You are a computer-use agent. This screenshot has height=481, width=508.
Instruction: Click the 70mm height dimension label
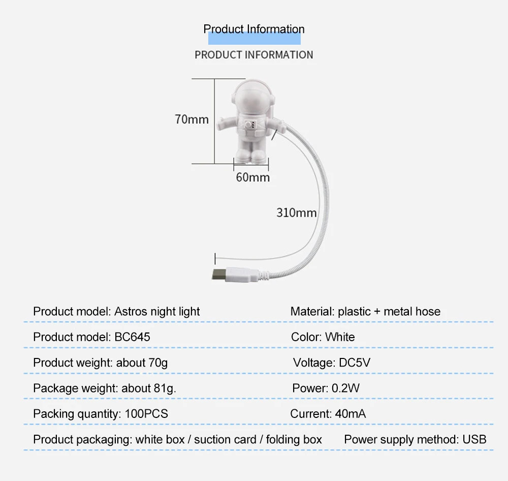(192, 119)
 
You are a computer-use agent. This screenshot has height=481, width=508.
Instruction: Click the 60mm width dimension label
(253, 177)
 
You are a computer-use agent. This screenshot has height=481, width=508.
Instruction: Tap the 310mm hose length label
(297, 213)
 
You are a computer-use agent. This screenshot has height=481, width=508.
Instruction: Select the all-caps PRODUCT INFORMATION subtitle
(254, 54)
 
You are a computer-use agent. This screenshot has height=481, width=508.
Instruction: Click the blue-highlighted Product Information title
(254, 29)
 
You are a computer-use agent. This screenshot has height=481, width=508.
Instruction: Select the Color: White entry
(323, 337)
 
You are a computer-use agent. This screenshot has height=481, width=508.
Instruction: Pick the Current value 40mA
(350, 414)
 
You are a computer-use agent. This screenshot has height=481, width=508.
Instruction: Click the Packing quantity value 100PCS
(146, 414)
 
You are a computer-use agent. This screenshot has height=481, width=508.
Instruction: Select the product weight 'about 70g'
(142, 363)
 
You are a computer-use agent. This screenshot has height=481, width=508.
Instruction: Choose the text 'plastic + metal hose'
(389, 312)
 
